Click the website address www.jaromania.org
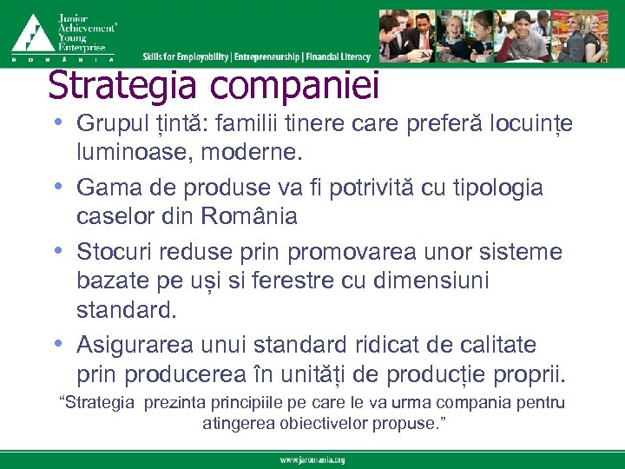[x=312, y=459]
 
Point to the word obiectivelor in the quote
[x=327, y=424]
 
